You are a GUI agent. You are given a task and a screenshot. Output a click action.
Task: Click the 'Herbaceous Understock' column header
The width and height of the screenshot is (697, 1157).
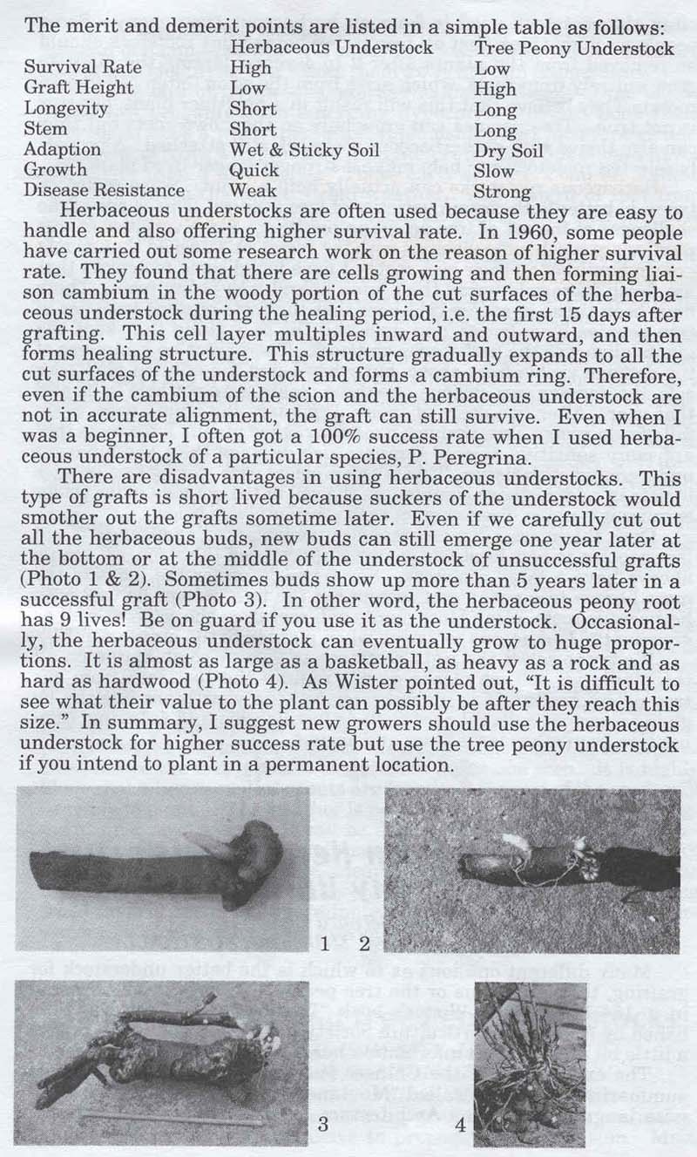[332, 47]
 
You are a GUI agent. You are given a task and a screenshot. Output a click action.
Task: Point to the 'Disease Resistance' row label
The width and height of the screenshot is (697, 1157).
[105, 190]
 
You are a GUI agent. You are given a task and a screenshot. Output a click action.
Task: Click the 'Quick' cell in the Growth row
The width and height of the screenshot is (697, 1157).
[254, 170]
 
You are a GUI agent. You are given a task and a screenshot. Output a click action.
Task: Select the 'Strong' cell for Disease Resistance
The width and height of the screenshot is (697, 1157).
[504, 191]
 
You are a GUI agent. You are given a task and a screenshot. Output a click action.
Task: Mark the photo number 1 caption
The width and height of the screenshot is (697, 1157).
[324, 943]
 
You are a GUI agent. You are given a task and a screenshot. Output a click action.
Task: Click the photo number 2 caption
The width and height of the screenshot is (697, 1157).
[364, 943]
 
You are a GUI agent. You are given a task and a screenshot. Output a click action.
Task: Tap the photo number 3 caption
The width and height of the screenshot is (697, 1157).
[324, 1125]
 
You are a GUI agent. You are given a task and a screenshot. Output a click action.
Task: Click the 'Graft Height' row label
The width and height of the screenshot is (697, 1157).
[78, 88]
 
